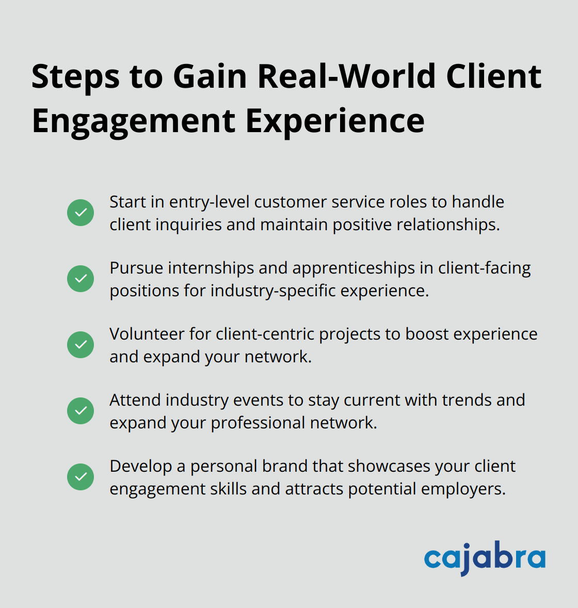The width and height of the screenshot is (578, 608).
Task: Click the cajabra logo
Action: [484, 558]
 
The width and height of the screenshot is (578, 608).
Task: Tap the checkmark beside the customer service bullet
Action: [81, 213]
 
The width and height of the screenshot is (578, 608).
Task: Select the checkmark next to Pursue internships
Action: [81, 279]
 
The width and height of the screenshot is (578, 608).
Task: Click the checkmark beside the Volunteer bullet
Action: [81, 345]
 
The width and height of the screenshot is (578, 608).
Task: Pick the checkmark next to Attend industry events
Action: [81, 411]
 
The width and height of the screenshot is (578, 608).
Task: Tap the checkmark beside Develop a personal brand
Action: [81, 477]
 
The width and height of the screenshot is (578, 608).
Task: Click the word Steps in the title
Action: [75, 76]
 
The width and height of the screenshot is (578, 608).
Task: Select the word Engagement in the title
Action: [134, 122]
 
